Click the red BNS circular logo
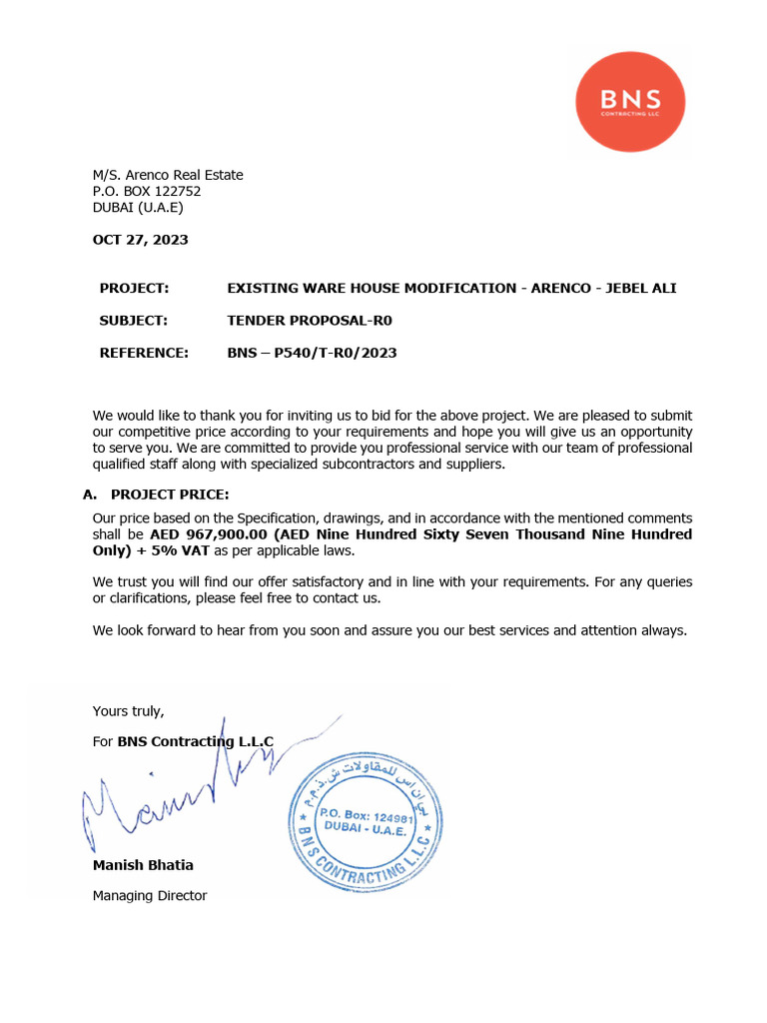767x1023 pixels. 630,102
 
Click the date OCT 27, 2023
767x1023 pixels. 140,240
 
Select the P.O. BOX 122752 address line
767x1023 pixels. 147,192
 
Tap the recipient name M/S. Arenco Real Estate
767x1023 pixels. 168,176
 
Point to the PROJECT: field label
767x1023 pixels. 134,289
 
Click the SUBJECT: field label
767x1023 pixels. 134,321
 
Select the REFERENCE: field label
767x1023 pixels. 144,353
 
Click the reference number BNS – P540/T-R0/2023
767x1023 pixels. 312,353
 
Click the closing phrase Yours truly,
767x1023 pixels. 128,711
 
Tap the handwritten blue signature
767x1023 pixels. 180,789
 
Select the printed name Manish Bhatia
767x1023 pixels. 143,865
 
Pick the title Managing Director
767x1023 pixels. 150,896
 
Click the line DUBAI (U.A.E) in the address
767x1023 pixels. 138,208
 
